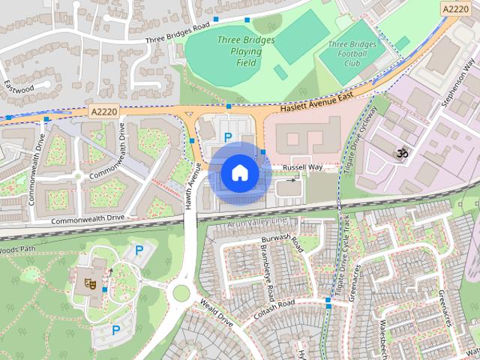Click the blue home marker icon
239,172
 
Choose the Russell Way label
303,167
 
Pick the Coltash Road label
275,306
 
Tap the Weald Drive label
216,310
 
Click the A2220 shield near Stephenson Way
456,8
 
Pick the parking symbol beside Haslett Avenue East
228,137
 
